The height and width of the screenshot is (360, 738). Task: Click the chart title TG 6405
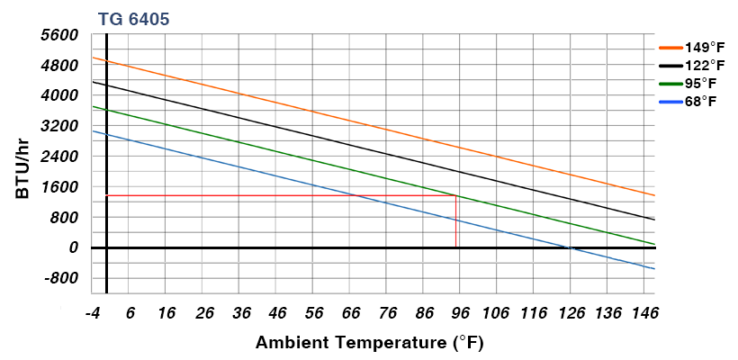coord(133,18)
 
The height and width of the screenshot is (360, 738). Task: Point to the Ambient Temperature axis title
coord(370,342)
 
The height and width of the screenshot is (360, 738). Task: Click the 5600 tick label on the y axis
coord(59,34)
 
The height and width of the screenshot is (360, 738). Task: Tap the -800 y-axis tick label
coord(61,278)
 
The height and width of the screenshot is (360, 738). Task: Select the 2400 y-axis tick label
coord(59,157)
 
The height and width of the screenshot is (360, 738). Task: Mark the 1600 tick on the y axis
coord(59,187)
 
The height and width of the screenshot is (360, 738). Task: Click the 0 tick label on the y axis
coord(74,247)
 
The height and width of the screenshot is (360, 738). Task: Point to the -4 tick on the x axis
coord(92,313)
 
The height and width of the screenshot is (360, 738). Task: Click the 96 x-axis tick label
coord(459,313)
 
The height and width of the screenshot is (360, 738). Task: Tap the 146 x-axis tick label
coord(643,313)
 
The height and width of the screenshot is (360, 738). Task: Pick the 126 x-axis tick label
coord(570,313)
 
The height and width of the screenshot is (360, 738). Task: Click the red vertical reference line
coord(456,221)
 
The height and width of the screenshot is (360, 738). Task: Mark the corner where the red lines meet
coord(456,195)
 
